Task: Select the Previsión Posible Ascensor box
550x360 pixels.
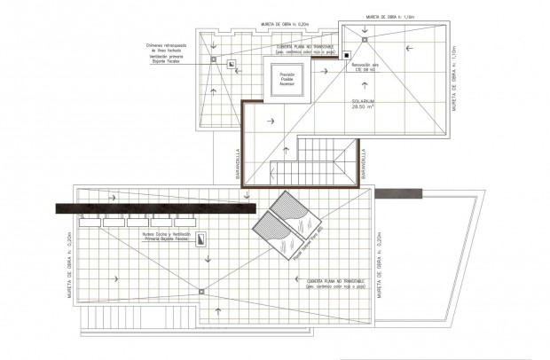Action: (283, 80)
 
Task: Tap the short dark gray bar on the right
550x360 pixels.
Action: (399, 192)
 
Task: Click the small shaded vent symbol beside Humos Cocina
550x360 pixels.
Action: (201, 238)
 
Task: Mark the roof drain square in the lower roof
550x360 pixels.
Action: (203, 292)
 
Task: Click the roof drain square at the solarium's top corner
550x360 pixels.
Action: (364, 38)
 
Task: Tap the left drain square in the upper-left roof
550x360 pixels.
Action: (214, 60)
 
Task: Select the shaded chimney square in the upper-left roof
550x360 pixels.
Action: (230, 64)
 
